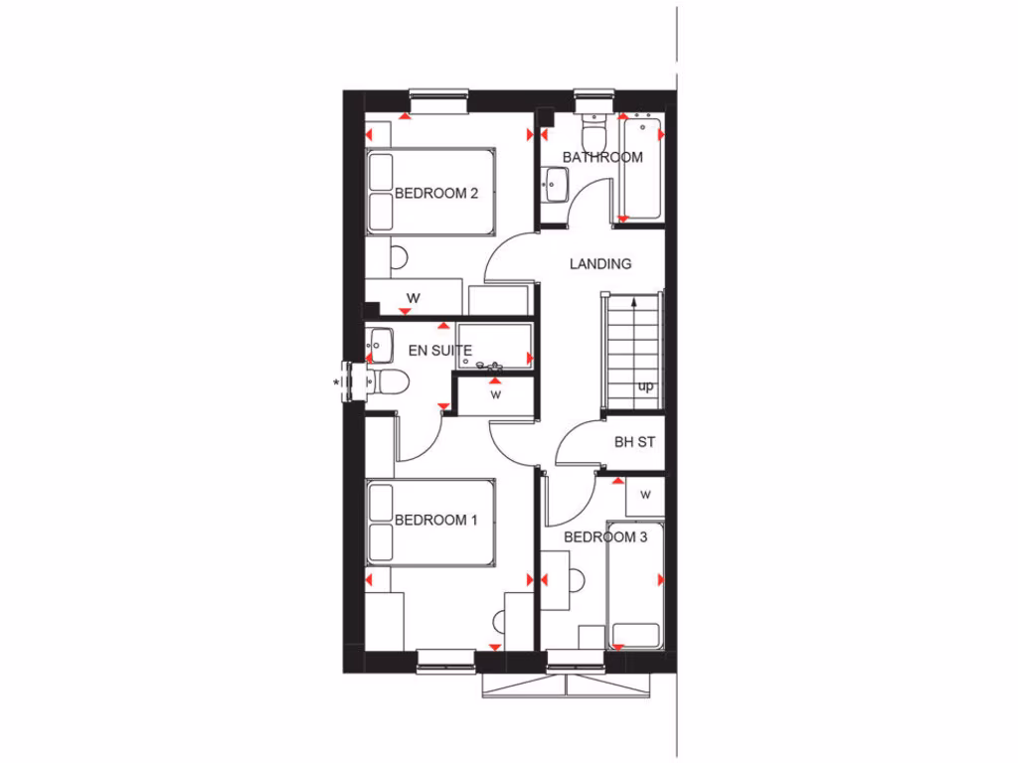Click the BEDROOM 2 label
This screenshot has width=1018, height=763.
pos(436,193)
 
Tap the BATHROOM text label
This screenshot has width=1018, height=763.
pos(602,157)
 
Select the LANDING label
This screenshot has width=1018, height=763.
pos(600,264)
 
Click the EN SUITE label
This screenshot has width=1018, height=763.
pos(440,350)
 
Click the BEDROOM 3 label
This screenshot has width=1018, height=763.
pos(605,537)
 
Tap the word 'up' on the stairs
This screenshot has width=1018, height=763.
pos(645,386)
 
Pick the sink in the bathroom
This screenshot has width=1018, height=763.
pos(555,183)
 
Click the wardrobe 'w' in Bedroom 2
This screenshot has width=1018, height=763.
pos(413,297)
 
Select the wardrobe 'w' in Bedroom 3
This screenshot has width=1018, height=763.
pos(645,494)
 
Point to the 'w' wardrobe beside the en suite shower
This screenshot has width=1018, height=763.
pos(494,394)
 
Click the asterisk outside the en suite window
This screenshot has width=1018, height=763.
pos(336,381)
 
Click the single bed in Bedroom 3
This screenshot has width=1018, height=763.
pos(634,586)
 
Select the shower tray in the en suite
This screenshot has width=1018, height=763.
pos(496,346)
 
